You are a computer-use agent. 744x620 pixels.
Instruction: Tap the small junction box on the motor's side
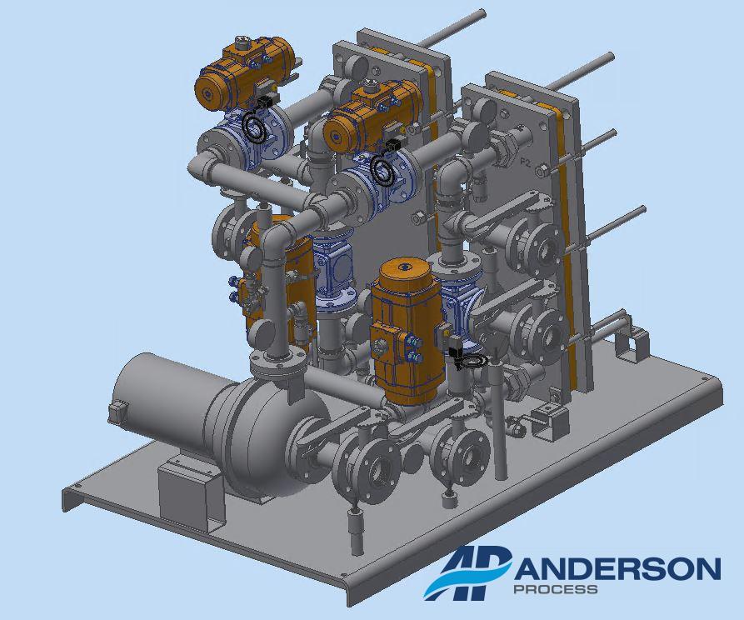(117, 410)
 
